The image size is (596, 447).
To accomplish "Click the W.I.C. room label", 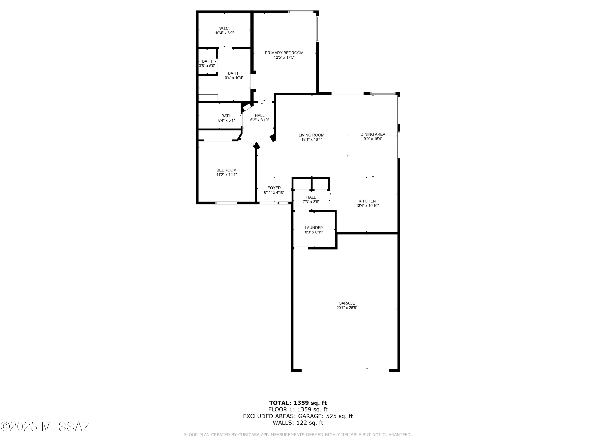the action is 224,29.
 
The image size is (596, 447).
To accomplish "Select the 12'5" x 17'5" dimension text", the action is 284,57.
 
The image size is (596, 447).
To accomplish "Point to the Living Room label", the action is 312,135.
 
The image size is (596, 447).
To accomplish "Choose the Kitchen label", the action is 367,201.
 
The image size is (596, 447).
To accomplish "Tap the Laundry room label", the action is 314,228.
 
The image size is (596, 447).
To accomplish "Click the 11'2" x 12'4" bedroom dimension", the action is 227,175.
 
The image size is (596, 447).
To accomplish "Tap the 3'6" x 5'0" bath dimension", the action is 207,66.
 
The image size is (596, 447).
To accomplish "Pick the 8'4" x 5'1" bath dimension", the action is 227,120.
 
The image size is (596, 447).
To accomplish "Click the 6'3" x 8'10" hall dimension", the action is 260,120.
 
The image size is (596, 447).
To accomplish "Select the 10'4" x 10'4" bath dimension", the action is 233,78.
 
